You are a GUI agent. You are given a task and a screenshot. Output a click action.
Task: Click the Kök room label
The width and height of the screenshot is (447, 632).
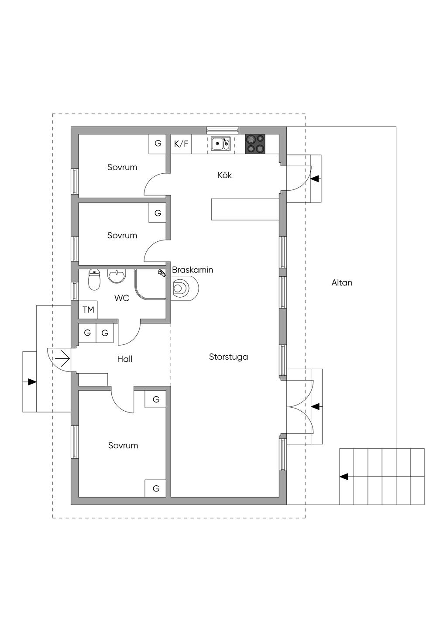225,175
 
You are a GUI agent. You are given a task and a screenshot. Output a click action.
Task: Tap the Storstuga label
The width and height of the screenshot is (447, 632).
228,357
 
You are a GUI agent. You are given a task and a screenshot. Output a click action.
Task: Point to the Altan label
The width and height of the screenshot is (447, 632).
342,283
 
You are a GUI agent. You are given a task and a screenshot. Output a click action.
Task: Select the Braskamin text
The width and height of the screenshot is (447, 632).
193,270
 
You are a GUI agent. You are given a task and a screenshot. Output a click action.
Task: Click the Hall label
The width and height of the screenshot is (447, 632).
125,359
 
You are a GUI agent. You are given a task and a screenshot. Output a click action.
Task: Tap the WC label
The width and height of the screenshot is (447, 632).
122,298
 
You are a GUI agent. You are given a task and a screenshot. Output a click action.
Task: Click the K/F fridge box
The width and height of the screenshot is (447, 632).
181,144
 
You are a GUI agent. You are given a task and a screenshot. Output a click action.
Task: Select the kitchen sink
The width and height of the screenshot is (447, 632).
221,144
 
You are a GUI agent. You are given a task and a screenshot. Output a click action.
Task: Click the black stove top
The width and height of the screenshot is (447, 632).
255,144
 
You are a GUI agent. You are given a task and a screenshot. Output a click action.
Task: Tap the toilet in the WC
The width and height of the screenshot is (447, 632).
94,280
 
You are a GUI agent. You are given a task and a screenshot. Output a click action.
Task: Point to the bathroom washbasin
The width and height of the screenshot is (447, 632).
116,275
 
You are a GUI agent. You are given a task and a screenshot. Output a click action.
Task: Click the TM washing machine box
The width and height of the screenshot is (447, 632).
88,310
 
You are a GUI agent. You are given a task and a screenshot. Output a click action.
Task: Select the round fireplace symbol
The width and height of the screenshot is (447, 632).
185,288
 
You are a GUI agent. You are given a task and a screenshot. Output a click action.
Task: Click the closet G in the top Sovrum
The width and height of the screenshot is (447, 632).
158,144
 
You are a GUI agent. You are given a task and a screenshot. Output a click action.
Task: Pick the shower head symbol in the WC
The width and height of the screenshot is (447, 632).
162,273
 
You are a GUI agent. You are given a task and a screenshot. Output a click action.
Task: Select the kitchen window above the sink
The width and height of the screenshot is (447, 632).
223,130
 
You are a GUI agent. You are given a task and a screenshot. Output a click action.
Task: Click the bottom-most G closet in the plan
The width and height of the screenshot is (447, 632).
155,488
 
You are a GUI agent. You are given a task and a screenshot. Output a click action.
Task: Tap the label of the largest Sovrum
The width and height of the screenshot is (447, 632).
123,446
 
